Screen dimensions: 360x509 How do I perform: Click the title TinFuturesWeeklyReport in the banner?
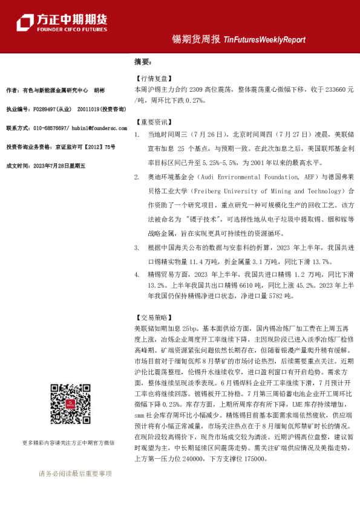pos(264,39)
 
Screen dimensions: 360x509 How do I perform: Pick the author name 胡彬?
pos(99,90)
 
